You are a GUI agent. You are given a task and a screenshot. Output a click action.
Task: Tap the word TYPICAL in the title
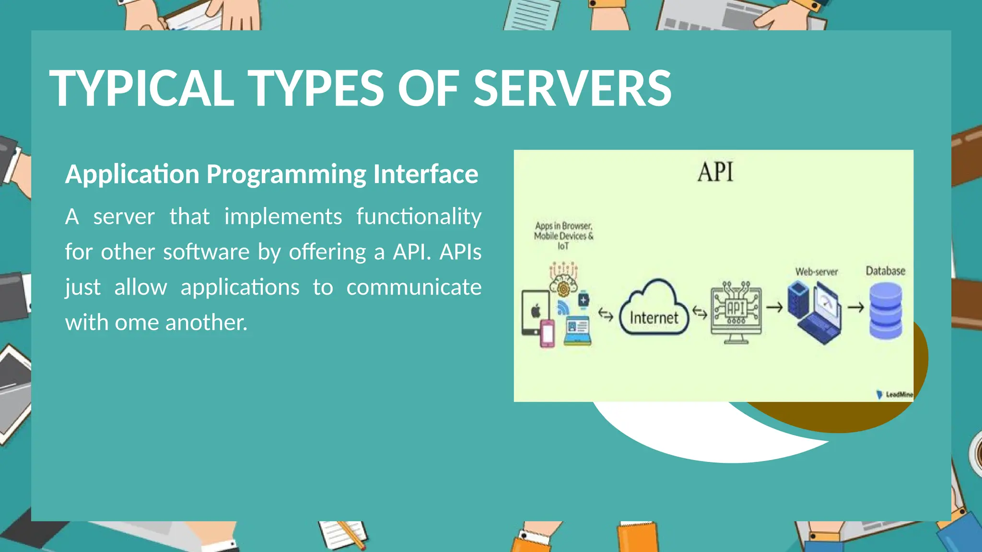tap(142, 89)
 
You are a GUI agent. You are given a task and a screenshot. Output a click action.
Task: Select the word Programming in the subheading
tap(286, 174)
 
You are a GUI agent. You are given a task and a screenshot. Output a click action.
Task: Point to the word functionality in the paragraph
tap(419, 217)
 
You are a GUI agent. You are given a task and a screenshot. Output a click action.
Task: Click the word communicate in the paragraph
tap(414, 287)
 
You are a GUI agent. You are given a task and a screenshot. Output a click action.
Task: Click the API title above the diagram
tap(715, 172)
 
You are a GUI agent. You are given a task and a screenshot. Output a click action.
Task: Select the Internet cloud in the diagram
tap(654, 309)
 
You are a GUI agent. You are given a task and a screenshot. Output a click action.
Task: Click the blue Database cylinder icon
tap(886, 310)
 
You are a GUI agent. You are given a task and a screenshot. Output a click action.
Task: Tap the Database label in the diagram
tap(885, 271)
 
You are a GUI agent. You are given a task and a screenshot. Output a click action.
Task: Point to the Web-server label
tap(816, 272)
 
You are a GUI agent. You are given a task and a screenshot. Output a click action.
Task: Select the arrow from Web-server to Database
tap(856, 307)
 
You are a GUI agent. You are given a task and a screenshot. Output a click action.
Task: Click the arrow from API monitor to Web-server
tap(774, 307)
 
